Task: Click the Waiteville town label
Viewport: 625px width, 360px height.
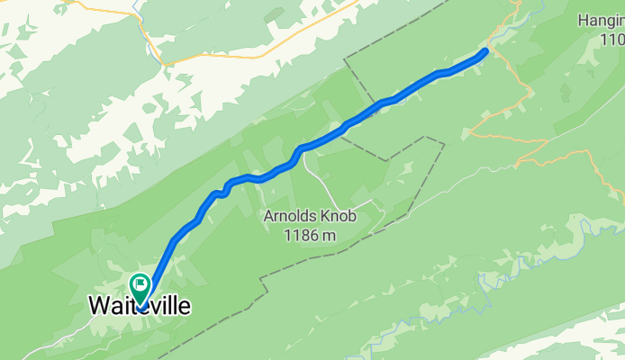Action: coord(140,307)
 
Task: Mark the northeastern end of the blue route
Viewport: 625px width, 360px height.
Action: coord(485,51)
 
